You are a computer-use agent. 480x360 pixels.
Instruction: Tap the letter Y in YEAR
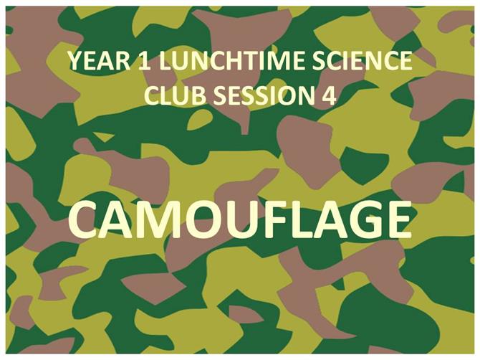pyautogui.click(x=76, y=61)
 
